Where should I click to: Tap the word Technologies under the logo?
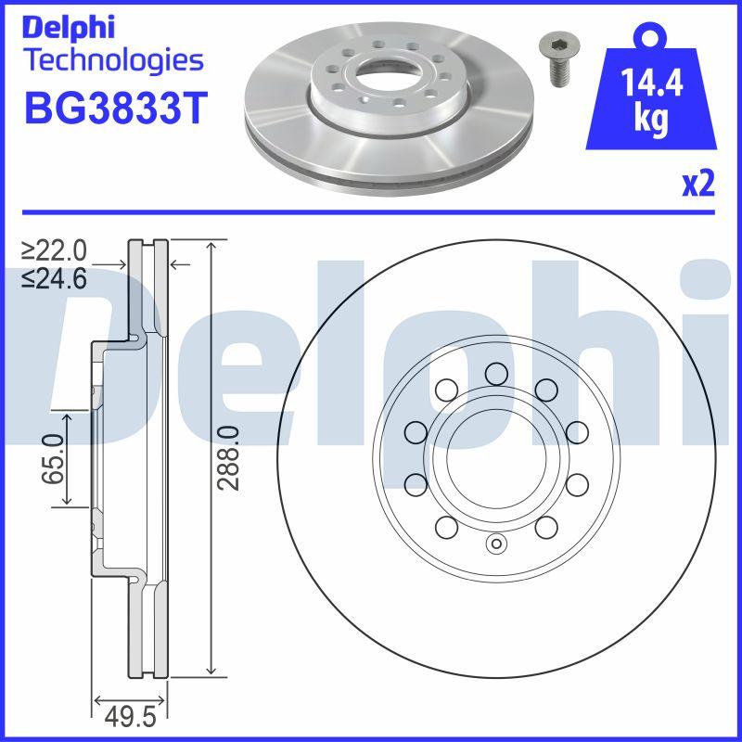click(x=112, y=60)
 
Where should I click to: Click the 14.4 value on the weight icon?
click(x=653, y=86)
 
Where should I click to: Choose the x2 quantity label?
click(x=697, y=185)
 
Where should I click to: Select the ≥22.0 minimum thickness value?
click(x=55, y=250)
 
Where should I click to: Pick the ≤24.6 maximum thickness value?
click(x=55, y=277)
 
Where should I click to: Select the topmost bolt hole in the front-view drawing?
click(x=495, y=373)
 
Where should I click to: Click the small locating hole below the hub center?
click(x=495, y=544)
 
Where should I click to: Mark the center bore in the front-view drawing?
click(x=495, y=457)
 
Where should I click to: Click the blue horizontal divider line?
click(x=371, y=211)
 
